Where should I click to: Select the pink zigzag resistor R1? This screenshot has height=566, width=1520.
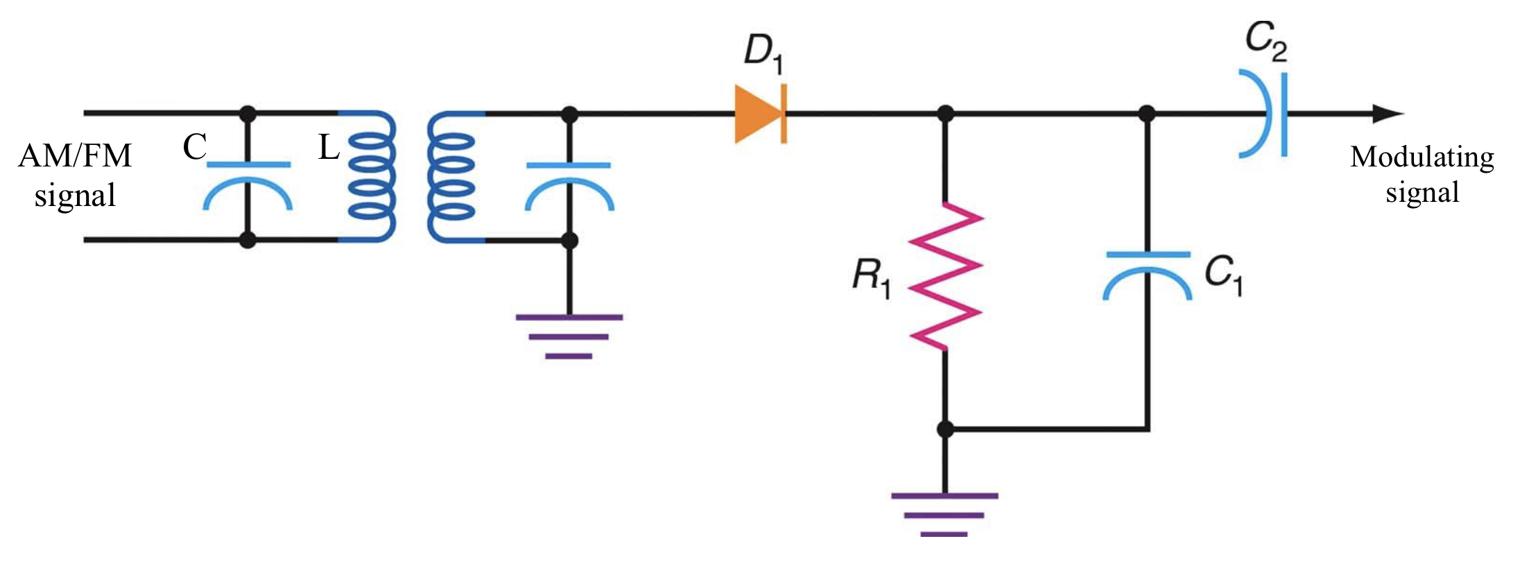[944, 276]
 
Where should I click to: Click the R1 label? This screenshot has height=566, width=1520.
[871, 276]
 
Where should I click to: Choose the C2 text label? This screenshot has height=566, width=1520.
[1266, 41]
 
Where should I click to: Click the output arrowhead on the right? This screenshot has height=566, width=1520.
[1387, 114]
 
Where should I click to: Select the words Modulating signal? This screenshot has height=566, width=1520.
[1422, 175]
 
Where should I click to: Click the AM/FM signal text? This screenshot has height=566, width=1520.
[75, 175]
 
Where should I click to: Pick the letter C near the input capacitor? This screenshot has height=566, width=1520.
[195, 147]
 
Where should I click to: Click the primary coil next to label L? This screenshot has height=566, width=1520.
[371, 176]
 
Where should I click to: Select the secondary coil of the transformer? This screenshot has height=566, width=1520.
[451, 176]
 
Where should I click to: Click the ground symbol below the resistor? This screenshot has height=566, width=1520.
[944, 515]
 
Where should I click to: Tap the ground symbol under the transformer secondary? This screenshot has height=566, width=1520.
[569, 336]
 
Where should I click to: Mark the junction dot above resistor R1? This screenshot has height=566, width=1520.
[944, 114]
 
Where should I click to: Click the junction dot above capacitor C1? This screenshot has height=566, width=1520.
[1148, 114]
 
